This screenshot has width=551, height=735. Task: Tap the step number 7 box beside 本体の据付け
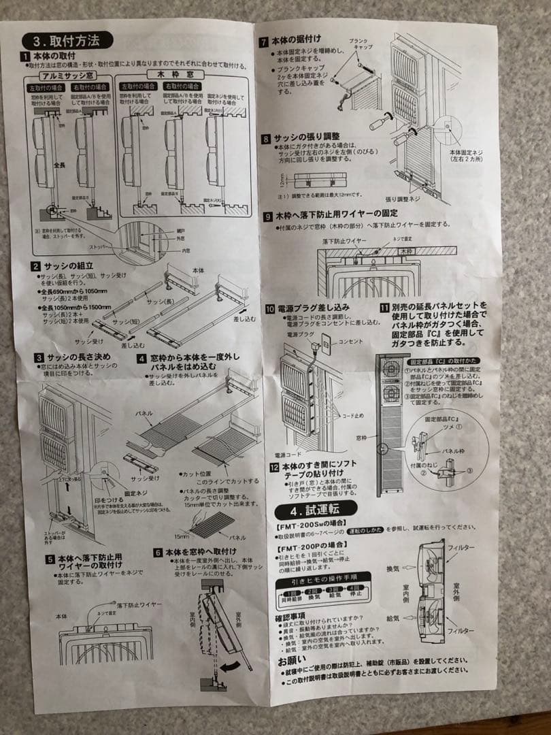tap(264, 40)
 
